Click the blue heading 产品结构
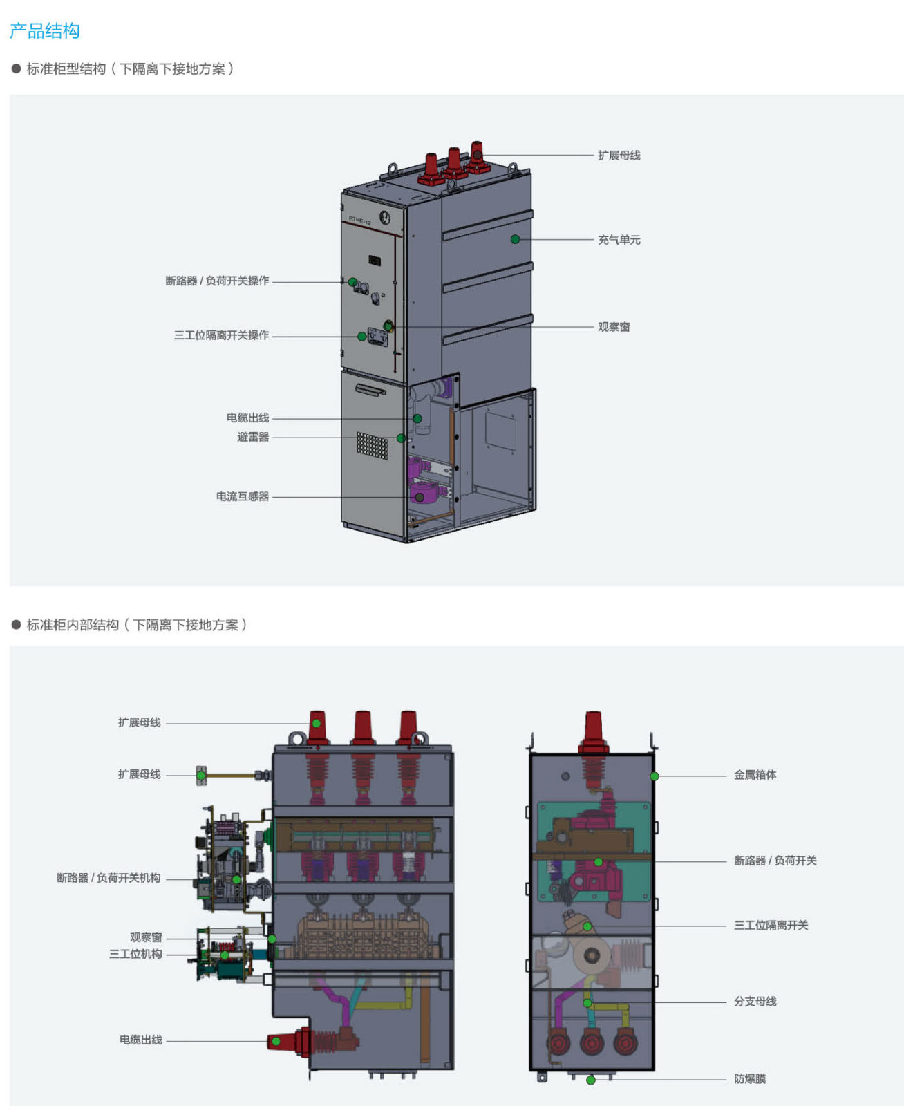click(45, 31)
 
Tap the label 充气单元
click(619, 240)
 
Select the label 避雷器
click(253, 437)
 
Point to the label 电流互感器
click(243, 496)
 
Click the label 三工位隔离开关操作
click(221, 335)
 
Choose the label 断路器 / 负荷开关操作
click(217, 281)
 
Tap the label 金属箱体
click(755, 775)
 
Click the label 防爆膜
click(750, 1079)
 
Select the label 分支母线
click(755, 1002)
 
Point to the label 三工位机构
click(135, 954)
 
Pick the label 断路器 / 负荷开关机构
click(109, 878)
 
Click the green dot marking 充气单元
click(515, 239)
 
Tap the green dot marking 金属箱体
click(655, 776)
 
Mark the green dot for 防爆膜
click(591, 1080)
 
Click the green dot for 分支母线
click(587, 1003)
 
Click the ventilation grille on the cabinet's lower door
click(372, 445)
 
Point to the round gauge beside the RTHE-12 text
click(385, 218)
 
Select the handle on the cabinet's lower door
click(370, 391)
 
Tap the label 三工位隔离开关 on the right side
click(771, 925)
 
